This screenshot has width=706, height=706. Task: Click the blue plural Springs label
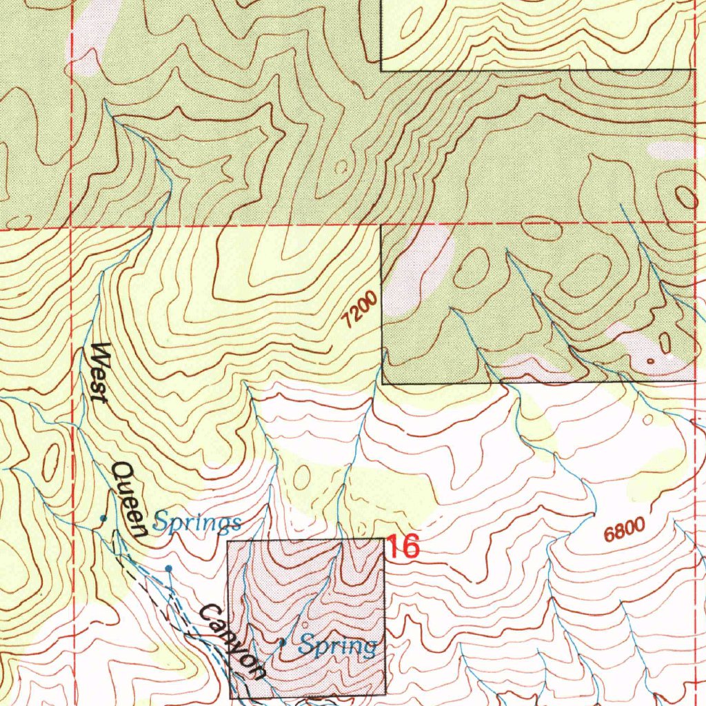point(197,523)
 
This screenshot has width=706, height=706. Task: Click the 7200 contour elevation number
point(359,310)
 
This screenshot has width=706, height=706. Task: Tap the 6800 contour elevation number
point(624,530)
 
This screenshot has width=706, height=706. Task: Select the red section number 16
point(402,547)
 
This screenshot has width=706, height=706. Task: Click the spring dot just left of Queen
point(103,517)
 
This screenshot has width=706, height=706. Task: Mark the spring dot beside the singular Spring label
point(282,642)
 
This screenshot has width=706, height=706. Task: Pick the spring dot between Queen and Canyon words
point(168,568)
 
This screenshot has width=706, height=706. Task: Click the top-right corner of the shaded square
point(384,539)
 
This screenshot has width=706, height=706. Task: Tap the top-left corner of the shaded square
point(228,542)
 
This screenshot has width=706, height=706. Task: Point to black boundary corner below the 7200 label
point(382,383)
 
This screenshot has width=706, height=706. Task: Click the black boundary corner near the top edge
point(382,70)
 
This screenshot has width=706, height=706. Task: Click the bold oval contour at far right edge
point(687,198)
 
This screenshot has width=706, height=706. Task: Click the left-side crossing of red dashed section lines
point(72,226)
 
